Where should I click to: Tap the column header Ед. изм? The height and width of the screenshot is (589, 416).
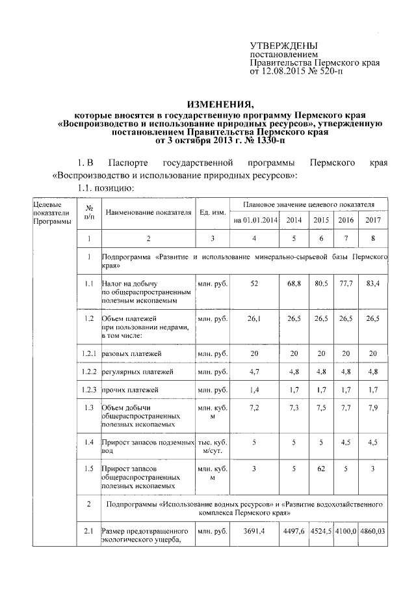[x=213, y=213]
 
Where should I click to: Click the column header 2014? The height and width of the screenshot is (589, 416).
[x=294, y=220]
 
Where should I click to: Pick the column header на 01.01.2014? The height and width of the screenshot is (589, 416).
[x=255, y=220]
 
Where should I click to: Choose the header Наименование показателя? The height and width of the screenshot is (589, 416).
[x=148, y=213]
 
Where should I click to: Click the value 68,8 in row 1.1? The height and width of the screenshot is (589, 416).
[x=294, y=283]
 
